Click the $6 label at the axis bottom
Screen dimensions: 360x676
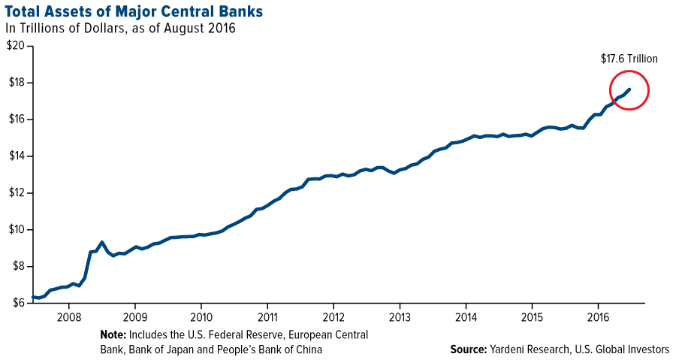click(x=17, y=303)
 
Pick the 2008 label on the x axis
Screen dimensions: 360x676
click(x=68, y=316)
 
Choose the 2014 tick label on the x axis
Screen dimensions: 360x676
click(x=466, y=316)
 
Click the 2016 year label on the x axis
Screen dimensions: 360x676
click(x=598, y=316)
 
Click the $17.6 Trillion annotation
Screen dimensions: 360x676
click(x=629, y=58)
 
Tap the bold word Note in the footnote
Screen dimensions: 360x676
click(x=113, y=333)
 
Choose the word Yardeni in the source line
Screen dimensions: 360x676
click(x=513, y=349)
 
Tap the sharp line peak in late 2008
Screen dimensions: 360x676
click(x=101, y=242)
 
